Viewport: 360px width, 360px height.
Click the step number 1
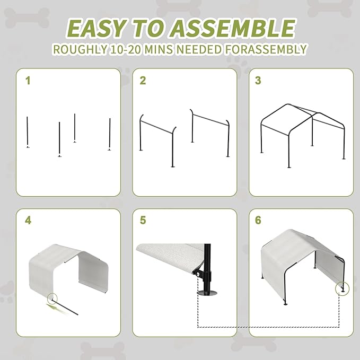[x=28, y=81]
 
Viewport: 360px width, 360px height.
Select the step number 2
[x=143, y=81]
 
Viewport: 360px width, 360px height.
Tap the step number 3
[x=258, y=81]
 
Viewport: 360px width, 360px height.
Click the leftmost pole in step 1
[x=28, y=132]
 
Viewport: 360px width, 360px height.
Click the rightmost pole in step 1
[x=110, y=134]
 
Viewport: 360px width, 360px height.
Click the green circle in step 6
[x=343, y=288]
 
